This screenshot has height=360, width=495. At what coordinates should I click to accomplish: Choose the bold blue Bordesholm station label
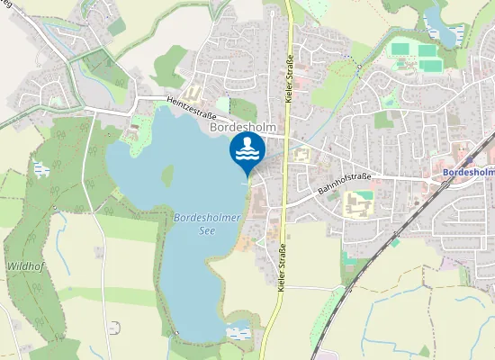tap(469, 173)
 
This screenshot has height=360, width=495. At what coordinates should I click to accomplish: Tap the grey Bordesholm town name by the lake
tap(241, 128)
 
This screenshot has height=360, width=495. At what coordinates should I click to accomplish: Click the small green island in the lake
tap(167, 174)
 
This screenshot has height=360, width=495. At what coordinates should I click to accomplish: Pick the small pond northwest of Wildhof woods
tap(40, 168)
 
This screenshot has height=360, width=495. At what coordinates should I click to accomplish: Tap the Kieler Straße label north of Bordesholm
tap(291, 76)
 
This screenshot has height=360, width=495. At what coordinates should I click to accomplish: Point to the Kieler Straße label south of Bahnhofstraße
tap(283, 267)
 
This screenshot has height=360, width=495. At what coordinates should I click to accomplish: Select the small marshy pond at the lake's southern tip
tap(238, 333)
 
